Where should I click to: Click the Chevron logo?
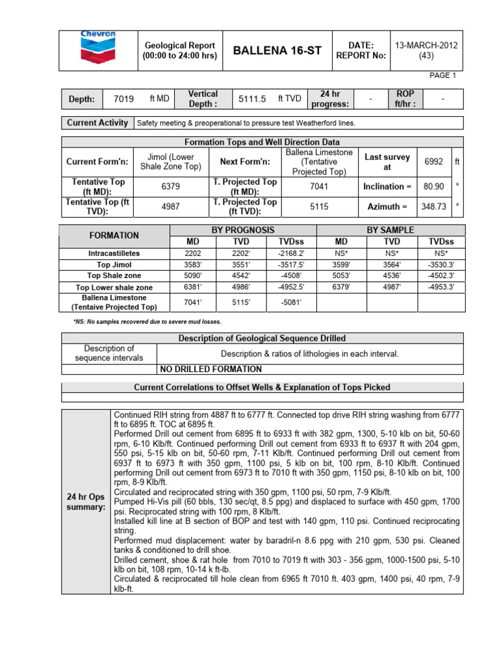coord(97,49)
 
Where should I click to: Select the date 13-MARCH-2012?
coord(426,44)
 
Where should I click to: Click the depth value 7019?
coord(123,99)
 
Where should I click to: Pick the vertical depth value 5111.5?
coord(253,99)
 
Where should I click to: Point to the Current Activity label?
coord(97,123)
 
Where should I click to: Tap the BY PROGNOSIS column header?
coord(243,230)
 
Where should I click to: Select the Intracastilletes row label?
coord(114,253)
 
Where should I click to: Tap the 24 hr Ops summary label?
coord(86,501)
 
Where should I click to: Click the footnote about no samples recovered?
coord(147,321)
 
